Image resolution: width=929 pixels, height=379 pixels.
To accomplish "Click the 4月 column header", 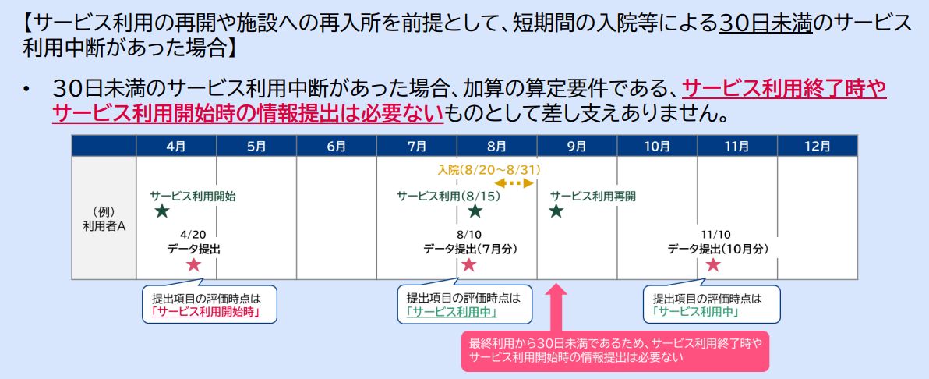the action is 176,146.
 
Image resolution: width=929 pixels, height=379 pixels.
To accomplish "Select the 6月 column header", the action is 336,146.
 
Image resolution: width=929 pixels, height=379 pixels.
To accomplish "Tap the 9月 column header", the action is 577,146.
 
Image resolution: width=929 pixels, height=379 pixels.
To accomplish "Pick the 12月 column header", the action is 817,146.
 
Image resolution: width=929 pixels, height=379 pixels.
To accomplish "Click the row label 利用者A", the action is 104,218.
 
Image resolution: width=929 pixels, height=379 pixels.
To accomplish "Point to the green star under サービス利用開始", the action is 161,211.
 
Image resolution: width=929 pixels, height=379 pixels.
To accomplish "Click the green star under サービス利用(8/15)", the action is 475,211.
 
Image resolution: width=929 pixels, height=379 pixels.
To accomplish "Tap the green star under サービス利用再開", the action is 556,211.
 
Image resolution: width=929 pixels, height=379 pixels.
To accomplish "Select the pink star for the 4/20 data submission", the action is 193,265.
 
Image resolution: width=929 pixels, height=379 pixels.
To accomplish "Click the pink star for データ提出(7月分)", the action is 468,265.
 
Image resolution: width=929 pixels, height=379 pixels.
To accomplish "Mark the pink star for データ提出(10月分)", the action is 712,265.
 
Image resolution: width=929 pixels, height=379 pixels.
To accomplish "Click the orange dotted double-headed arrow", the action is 515,183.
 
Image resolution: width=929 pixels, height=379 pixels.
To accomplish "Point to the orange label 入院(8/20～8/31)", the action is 489,169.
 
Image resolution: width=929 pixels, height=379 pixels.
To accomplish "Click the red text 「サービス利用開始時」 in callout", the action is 205,311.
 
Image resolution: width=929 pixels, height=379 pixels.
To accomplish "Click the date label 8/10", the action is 471,233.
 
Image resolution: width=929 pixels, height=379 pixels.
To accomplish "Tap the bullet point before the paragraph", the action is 26,91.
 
